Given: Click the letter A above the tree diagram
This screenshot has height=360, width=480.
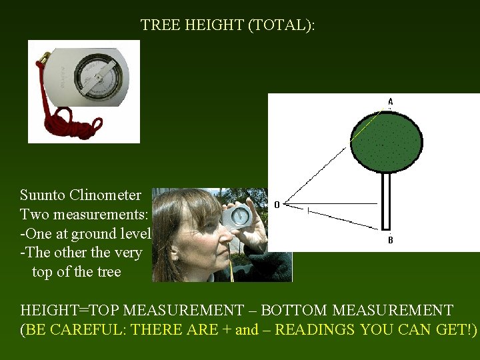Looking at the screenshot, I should (x=391, y=101).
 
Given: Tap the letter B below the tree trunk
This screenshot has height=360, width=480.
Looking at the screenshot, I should (x=391, y=241).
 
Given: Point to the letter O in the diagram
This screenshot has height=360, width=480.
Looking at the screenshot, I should (x=277, y=205).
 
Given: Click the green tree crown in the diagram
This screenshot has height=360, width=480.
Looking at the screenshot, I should (x=386, y=141).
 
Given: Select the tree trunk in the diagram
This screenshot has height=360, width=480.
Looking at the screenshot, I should (x=385, y=200).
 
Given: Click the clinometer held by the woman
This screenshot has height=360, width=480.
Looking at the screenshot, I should (x=239, y=215).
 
